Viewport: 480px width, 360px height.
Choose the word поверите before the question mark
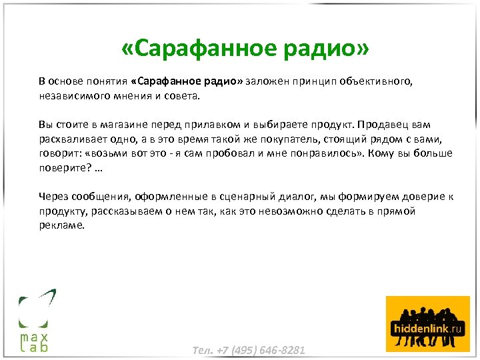[x=59, y=167]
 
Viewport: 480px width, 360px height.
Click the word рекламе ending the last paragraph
[x=61, y=225]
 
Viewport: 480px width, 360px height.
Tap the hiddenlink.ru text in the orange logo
[x=427, y=329]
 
